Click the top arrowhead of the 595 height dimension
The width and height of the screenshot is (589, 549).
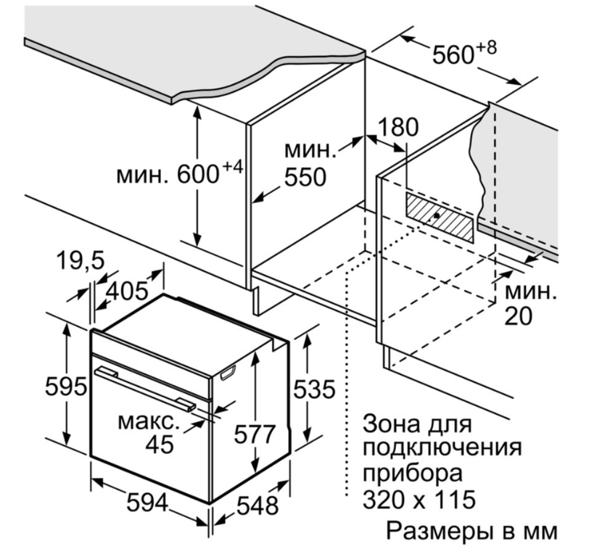coord(67,323)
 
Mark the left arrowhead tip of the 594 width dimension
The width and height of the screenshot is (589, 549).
coord(91,479)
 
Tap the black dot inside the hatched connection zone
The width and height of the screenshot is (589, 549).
coord(436,215)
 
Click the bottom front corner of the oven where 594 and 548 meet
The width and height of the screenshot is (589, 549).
coord(210,503)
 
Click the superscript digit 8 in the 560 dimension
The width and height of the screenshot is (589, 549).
coord(491,48)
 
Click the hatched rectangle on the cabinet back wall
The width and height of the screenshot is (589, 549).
coord(439,217)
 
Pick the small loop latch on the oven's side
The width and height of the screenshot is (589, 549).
coord(228,373)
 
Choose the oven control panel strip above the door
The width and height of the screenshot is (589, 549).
coord(150,363)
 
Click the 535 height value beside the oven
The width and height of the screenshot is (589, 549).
coord(313,389)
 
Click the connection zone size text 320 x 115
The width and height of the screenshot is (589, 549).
coord(419,500)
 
